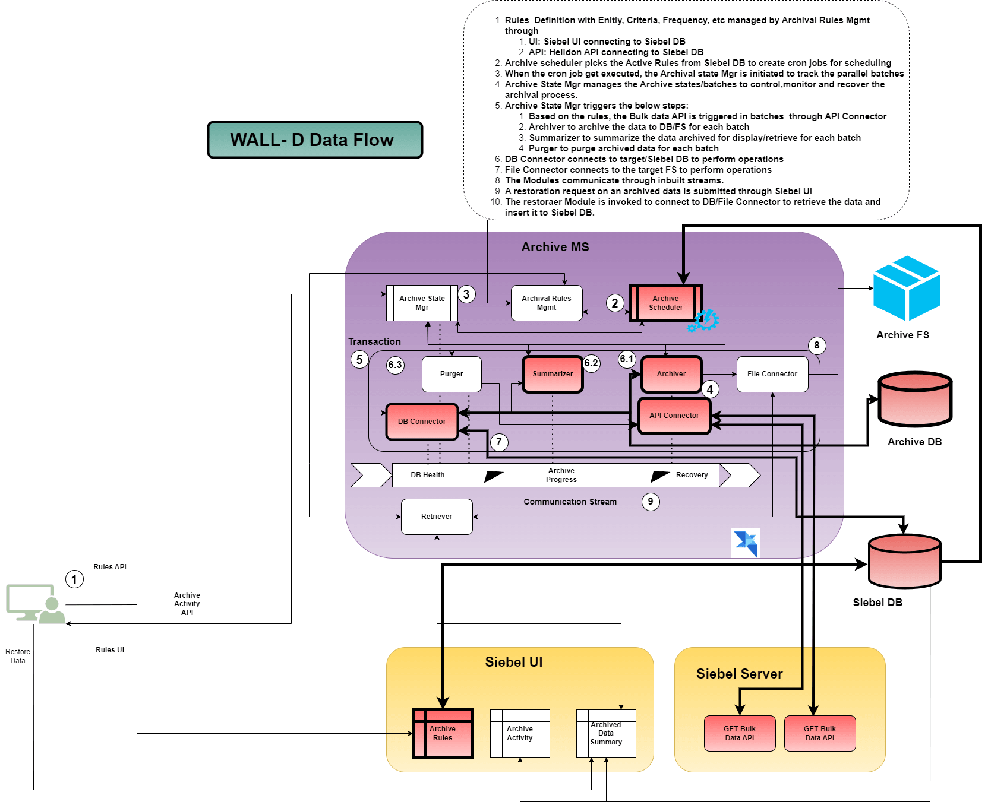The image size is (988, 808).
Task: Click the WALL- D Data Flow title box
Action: tap(315, 140)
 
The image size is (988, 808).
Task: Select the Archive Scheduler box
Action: tap(665, 303)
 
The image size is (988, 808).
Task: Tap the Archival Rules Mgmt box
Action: tap(546, 303)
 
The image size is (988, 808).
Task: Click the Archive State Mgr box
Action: tap(422, 303)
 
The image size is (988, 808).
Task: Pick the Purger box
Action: tap(452, 374)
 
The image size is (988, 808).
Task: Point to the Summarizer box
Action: tap(553, 374)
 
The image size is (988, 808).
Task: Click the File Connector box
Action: tap(772, 374)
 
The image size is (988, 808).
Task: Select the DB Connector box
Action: tap(422, 422)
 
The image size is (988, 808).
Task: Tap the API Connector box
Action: tap(674, 416)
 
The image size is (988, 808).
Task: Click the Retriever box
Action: tap(437, 517)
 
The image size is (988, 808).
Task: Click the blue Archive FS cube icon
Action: tap(907, 289)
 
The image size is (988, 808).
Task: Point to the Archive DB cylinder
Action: tap(915, 399)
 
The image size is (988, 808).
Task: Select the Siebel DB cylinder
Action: tap(904, 561)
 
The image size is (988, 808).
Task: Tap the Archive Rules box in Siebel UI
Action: tap(443, 733)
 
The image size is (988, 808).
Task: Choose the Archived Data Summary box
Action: tap(606, 733)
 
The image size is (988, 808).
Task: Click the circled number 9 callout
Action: tap(651, 502)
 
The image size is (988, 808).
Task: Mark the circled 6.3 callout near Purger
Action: tap(395, 365)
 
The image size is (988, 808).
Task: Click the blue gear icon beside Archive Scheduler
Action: tap(705, 321)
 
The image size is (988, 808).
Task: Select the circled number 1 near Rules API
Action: tap(74, 579)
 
